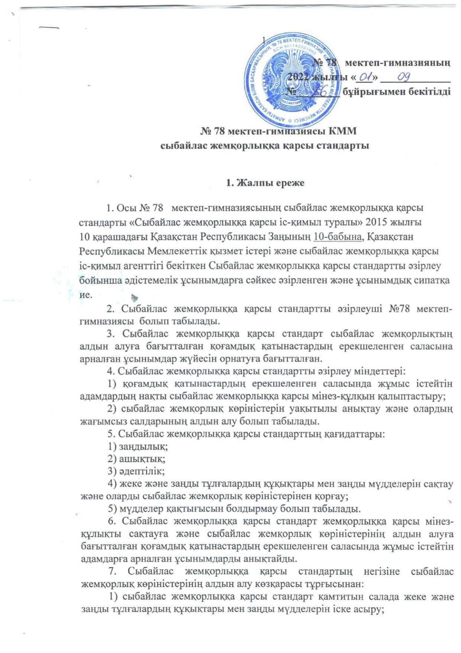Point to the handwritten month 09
click(404, 77)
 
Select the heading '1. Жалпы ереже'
click(265, 183)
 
